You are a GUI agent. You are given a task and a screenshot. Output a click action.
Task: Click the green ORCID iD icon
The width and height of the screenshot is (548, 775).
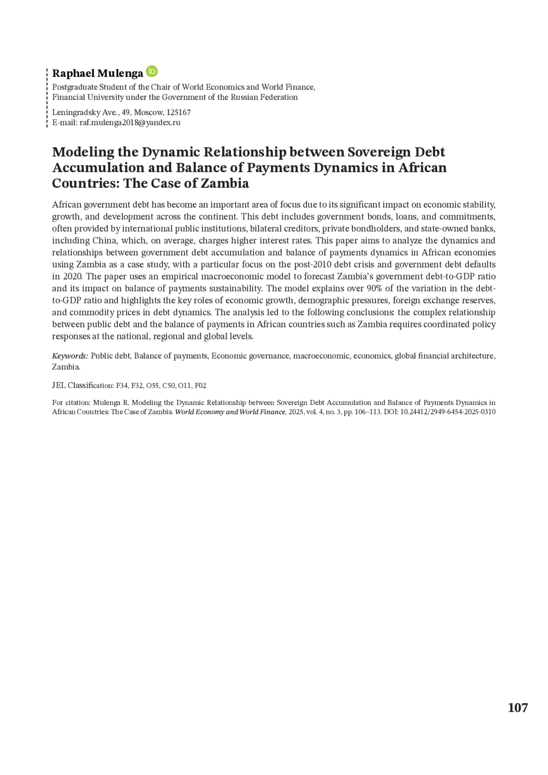(x=152, y=72)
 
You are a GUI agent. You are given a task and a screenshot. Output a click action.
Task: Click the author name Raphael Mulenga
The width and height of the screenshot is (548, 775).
(x=97, y=74)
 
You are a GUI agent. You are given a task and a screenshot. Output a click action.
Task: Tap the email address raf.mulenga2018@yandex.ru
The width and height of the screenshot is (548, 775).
(x=130, y=122)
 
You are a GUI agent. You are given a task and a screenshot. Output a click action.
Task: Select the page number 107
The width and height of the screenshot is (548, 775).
(x=517, y=708)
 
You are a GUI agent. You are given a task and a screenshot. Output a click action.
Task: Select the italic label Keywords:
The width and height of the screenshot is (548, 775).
(x=70, y=356)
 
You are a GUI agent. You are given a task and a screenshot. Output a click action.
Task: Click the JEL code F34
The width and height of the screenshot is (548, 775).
(x=122, y=385)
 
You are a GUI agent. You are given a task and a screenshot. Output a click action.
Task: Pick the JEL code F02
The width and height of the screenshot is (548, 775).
(x=200, y=385)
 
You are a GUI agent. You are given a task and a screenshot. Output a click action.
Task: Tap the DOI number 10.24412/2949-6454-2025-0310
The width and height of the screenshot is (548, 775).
(x=448, y=411)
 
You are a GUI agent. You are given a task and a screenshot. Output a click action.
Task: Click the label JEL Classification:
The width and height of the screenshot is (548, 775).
(x=83, y=385)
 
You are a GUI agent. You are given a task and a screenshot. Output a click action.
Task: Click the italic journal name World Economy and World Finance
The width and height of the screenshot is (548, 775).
(x=231, y=411)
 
